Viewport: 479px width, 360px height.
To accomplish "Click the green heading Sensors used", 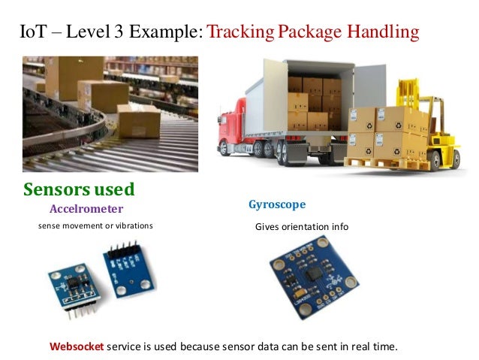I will (x=79, y=188).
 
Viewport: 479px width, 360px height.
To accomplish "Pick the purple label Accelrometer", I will (x=86, y=208).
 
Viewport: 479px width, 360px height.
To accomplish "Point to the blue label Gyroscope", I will (x=277, y=204).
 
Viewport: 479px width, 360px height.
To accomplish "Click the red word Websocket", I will (x=77, y=346).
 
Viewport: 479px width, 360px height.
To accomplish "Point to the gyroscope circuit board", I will (x=306, y=275).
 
